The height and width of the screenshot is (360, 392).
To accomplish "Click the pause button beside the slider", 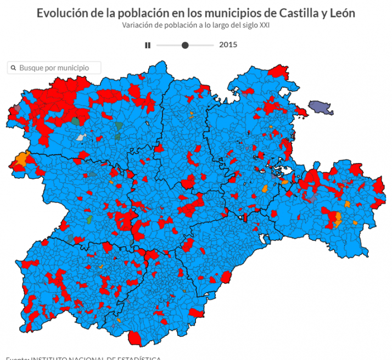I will (148, 45).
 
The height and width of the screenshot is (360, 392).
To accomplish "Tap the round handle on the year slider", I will (186, 45).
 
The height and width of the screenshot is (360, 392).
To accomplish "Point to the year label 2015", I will (228, 45).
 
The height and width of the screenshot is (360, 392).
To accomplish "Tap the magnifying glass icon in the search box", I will (13, 67).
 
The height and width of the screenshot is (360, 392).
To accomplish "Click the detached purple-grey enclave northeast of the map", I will (321, 108).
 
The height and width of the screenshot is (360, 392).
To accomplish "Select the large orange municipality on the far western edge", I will (21, 159).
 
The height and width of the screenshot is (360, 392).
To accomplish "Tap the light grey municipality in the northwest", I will (82, 137).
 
